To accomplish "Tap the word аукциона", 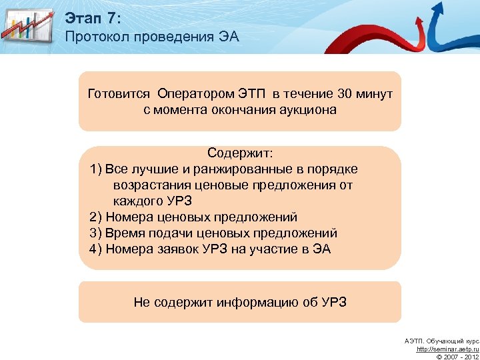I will (305, 109).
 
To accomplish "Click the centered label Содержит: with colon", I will (240, 153).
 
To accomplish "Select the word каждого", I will (137, 201).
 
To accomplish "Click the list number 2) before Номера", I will (95, 217).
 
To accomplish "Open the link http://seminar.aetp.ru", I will (447, 349).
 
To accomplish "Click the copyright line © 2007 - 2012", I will (457, 356).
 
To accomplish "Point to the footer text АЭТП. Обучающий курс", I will (441, 341).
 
